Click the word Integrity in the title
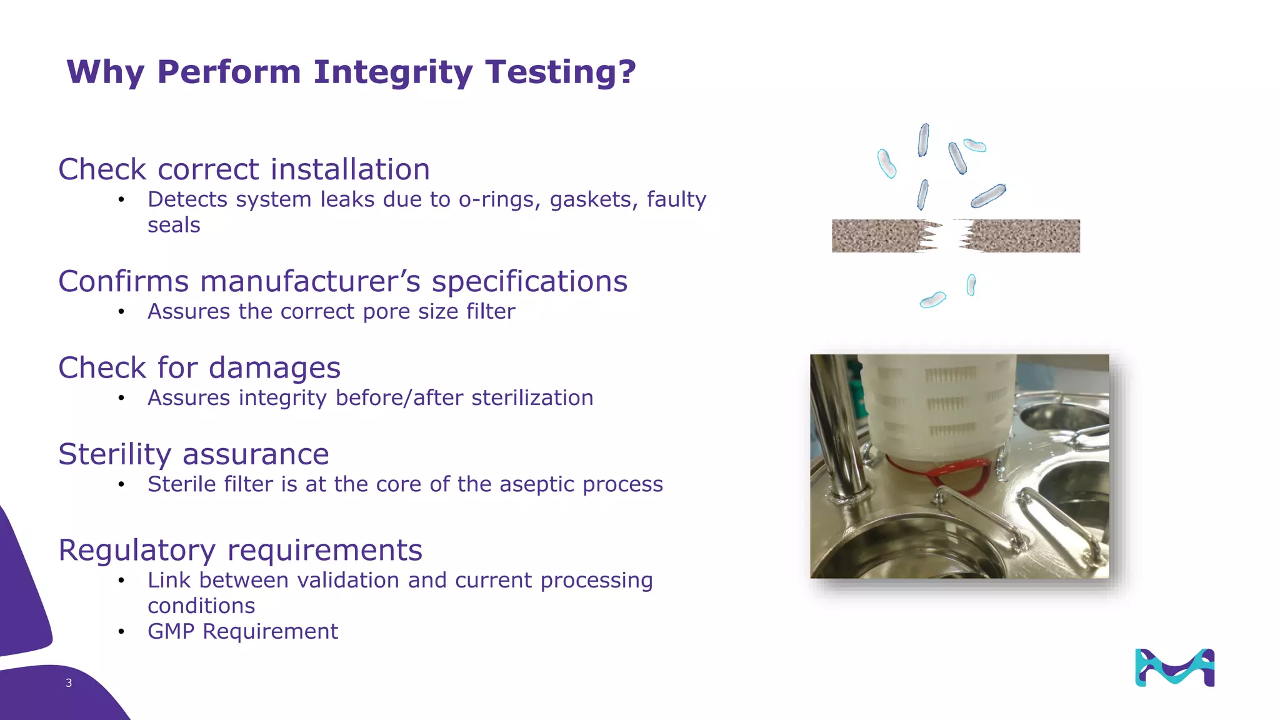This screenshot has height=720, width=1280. [392, 72]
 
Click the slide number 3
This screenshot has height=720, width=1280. [69, 683]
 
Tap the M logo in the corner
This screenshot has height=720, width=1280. [1174, 667]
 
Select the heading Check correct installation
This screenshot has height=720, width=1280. [244, 169]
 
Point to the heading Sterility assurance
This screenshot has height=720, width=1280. [193, 454]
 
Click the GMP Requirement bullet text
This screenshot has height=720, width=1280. [242, 631]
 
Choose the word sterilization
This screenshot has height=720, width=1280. [532, 397]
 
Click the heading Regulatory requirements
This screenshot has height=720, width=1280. [240, 550]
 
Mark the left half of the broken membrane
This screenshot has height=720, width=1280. [878, 236]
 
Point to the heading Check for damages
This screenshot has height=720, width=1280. [199, 367]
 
